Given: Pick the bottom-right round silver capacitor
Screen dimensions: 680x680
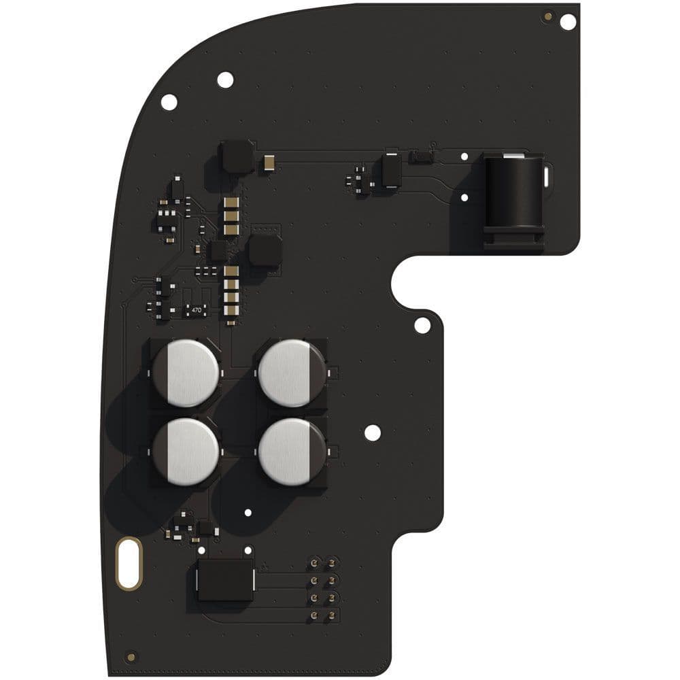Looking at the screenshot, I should (292, 451).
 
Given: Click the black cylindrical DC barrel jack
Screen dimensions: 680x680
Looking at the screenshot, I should (514, 194).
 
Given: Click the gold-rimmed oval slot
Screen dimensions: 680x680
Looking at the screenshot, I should (129, 563).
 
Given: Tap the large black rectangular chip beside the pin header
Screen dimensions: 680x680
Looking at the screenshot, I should (225, 580).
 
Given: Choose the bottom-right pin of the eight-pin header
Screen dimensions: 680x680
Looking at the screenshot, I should (332, 616).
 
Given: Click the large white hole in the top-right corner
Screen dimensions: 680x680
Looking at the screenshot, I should (568, 21).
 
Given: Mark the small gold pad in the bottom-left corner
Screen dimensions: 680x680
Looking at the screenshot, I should (131, 657).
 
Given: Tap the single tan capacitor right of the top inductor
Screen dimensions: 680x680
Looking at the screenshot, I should (270, 162).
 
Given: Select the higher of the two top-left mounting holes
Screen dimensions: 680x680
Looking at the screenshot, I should (225, 80).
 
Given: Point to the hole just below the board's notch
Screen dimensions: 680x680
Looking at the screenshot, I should (422, 325).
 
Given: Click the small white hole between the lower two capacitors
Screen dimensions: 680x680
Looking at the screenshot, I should (248, 513).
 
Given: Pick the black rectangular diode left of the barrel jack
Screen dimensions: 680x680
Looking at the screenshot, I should (391, 169).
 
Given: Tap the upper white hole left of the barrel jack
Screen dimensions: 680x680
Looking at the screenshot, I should (464, 156).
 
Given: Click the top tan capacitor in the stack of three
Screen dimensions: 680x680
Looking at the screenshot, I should (231, 203).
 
